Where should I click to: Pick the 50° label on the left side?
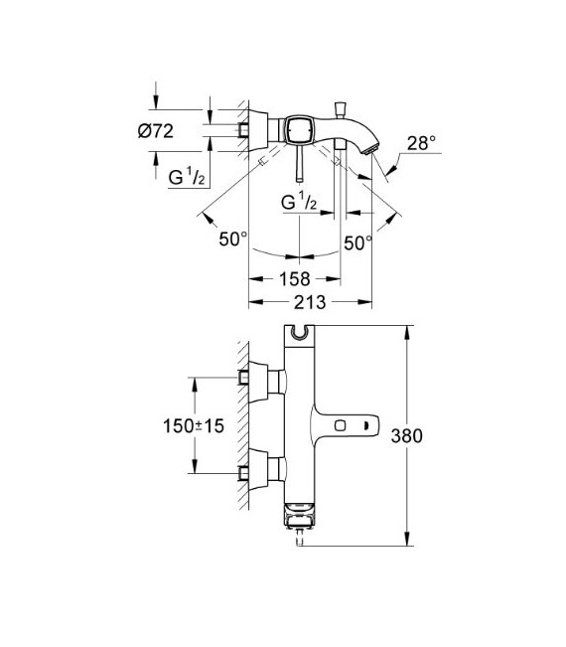pyautogui.click(x=232, y=241)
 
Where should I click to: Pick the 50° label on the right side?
pyautogui.click(x=356, y=241)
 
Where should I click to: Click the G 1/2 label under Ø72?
pyautogui.click(x=186, y=178)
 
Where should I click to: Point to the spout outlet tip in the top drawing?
pyautogui.click(x=375, y=149)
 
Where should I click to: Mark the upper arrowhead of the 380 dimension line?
pyautogui.click(x=406, y=331)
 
